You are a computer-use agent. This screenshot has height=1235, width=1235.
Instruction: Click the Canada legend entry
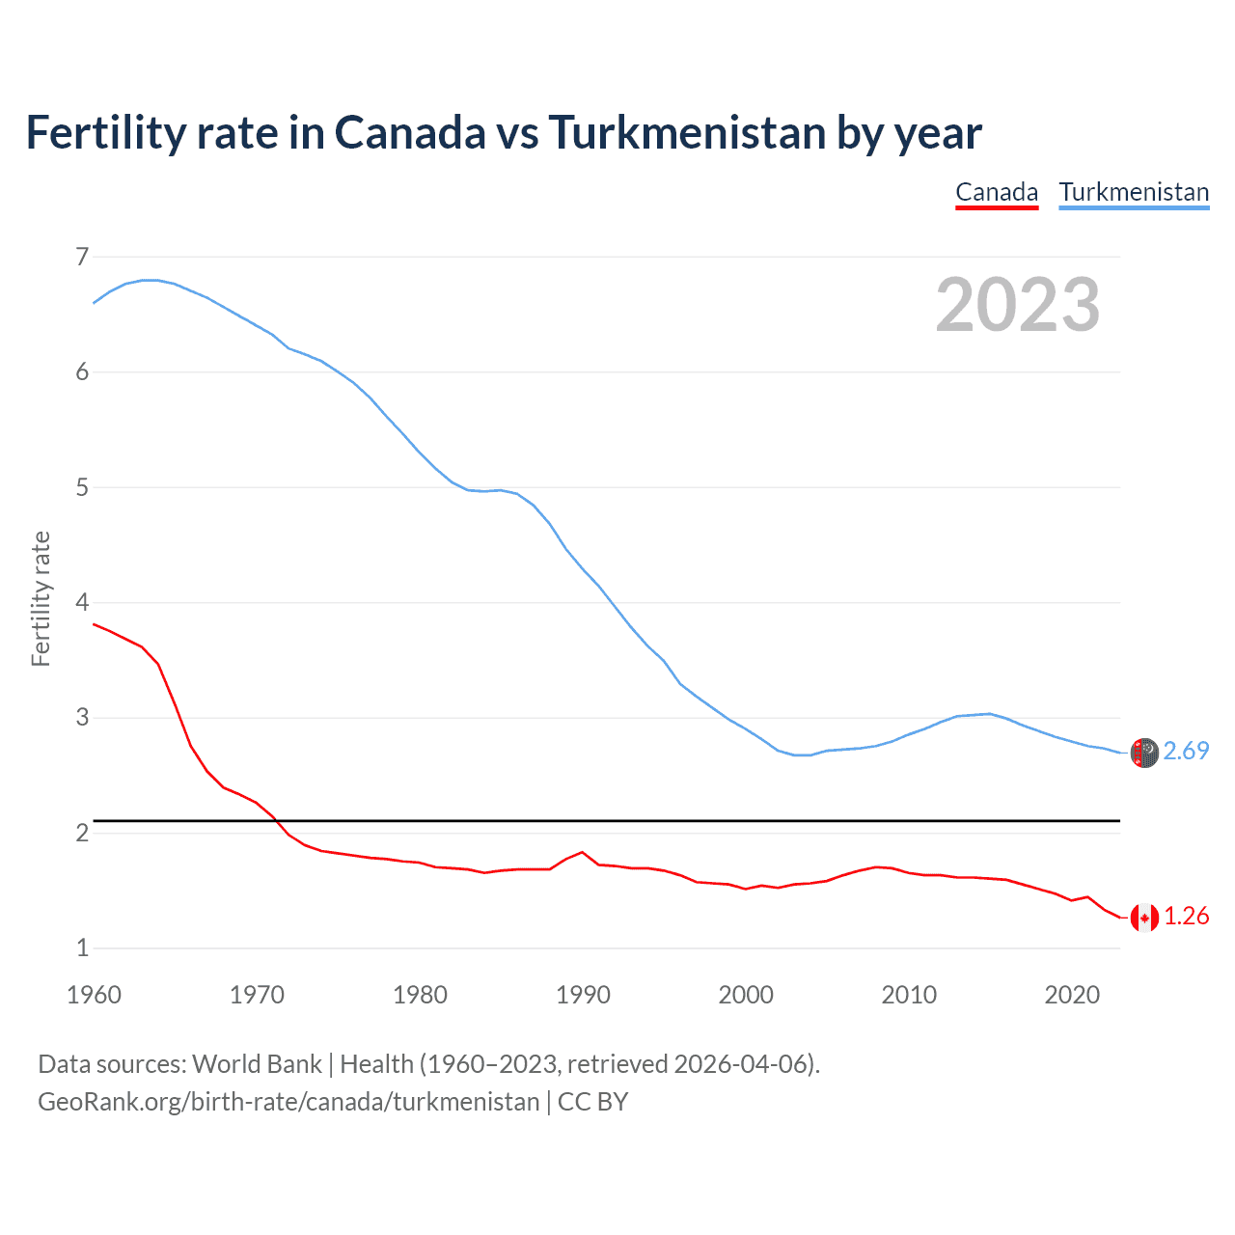[997, 192]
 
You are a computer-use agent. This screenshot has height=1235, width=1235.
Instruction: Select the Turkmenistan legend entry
[1134, 192]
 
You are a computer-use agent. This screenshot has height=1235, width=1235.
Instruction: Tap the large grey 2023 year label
[1018, 305]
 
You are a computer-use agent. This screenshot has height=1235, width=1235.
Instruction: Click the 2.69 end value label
[1186, 751]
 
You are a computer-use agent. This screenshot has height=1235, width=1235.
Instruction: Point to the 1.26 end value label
[1186, 916]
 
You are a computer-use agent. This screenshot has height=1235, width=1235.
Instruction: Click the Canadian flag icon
[1144, 918]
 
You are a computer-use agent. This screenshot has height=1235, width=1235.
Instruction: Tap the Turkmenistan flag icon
[1144, 753]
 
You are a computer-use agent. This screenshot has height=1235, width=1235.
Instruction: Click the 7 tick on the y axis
[82, 257]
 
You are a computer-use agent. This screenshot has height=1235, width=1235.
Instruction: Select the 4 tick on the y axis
[82, 602]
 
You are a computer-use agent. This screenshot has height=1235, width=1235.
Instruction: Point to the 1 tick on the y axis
[82, 947]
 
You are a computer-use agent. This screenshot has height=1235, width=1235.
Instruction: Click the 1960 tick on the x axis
[94, 995]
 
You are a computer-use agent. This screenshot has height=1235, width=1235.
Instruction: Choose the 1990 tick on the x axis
[583, 995]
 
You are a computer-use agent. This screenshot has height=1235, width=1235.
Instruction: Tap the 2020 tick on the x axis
[1072, 995]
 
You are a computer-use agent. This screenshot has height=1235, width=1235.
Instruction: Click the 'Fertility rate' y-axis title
[41, 598]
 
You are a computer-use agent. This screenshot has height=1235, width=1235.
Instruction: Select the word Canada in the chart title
[410, 132]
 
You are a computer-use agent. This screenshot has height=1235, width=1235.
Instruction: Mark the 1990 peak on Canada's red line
[582, 852]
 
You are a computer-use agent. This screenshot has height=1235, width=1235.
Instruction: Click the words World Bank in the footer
[257, 1063]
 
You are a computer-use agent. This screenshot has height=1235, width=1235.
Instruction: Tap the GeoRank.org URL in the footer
[288, 1101]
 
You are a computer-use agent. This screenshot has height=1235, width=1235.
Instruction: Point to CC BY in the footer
[592, 1101]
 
